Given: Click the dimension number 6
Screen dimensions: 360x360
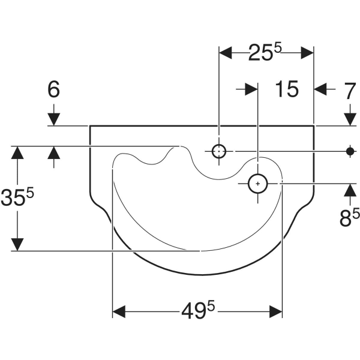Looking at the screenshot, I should coord(54,90).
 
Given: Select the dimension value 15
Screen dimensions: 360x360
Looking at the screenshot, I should coord(287,89).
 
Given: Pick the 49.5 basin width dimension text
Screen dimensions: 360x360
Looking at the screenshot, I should coord(199,311).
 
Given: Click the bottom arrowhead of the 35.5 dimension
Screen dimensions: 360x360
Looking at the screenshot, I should coord(18,243).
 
